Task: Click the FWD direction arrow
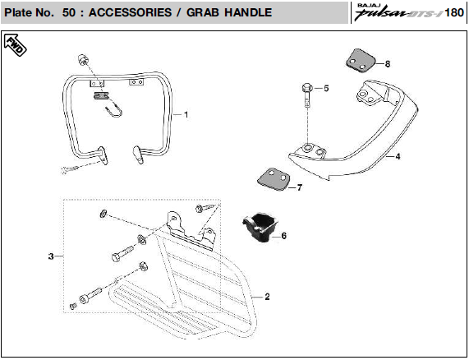click(x=15, y=45)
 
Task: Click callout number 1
click(x=186, y=114)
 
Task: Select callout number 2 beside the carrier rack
click(x=267, y=297)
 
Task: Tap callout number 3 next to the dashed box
click(x=51, y=256)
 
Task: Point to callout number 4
click(x=398, y=156)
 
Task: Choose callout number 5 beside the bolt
click(x=326, y=88)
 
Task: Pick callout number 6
click(x=284, y=236)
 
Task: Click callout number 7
click(x=300, y=187)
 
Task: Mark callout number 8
click(x=388, y=64)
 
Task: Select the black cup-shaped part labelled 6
click(x=260, y=227)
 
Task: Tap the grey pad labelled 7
click(x=274, y=179)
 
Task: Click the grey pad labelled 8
click(x=361, y=61)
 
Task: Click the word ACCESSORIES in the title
click(x=130, y=12)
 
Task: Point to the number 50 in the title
click(x=69, y=12)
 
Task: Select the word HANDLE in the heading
click(x=248, y=12)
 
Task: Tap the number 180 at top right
click(x=454, y=12)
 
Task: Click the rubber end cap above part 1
click(x=83, y=59)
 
